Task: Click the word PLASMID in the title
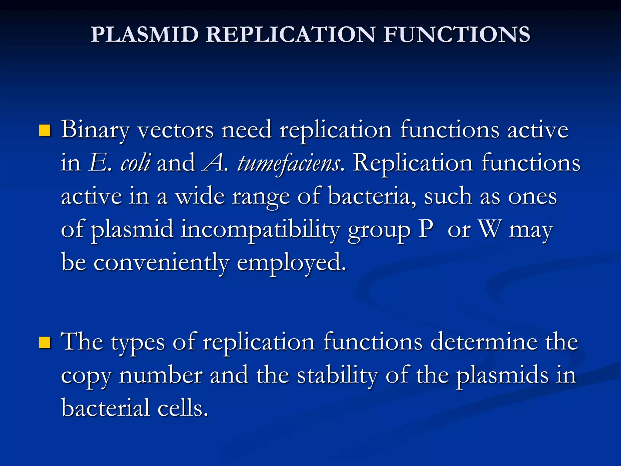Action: coord(145,34)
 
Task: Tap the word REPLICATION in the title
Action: coord(290,34)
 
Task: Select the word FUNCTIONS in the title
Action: coord(456,34)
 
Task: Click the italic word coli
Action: coord(135,163)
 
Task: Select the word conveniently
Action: coord(161,263)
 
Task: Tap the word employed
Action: coord(291,263)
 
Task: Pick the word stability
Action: coord(337,376)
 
